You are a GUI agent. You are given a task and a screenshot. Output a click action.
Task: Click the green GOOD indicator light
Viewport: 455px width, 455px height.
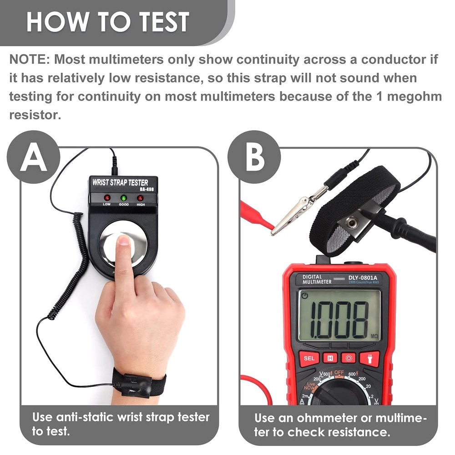pos(123,198)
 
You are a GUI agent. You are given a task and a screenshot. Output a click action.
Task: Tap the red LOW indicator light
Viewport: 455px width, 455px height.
pos(107,198)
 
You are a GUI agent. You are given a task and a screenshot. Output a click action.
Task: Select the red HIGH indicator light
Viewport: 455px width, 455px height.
pos(140,198)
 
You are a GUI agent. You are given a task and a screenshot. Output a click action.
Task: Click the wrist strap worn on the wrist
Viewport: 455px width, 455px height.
pos(139,384)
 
